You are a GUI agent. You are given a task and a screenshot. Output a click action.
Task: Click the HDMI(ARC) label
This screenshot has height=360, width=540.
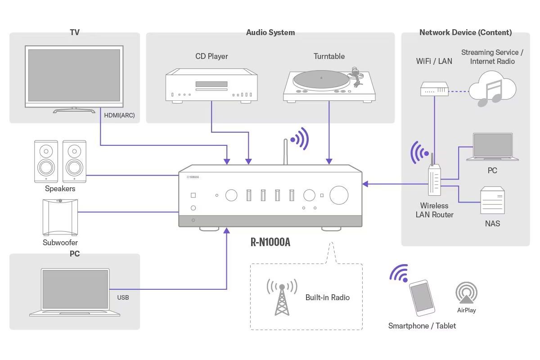[119, 115]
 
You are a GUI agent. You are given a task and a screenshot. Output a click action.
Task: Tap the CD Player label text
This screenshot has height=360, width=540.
[211, 56]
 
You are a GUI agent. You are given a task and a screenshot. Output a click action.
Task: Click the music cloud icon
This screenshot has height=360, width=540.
[492, 89]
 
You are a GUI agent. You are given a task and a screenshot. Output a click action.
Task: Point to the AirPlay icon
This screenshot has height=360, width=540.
[467, 292]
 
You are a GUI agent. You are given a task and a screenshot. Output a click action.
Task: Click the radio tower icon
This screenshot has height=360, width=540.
[282, 297]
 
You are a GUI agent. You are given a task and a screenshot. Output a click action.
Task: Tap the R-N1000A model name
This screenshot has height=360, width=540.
[270, 242]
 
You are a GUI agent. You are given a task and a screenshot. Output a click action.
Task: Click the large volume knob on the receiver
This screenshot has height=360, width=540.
[339, 195]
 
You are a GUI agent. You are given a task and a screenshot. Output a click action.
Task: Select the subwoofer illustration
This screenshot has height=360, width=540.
[60, 217]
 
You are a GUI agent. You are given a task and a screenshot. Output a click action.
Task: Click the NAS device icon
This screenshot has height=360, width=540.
[492, 200]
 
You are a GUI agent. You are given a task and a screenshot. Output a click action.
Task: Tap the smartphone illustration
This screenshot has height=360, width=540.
[422, 298]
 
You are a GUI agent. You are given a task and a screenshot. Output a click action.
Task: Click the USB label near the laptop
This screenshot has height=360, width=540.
[123, 297]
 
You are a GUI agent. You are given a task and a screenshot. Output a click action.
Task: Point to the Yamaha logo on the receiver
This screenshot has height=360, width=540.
[193, 177]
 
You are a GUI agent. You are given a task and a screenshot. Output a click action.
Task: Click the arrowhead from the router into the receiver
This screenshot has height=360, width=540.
[365, 184]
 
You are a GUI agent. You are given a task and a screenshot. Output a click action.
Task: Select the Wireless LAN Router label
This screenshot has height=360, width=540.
[434, 210]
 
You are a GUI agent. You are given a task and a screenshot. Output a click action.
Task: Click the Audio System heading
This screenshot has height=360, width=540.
[270, 32]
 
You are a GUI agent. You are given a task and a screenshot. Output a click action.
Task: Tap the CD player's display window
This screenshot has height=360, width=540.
[211, 84]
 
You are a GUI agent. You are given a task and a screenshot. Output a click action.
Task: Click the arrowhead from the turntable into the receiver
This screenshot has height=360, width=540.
[329, 161]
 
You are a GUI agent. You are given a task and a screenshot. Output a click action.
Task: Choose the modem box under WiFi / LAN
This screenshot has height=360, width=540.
[434, 89]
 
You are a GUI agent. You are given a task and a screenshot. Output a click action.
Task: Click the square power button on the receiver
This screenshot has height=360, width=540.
[193, 195]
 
